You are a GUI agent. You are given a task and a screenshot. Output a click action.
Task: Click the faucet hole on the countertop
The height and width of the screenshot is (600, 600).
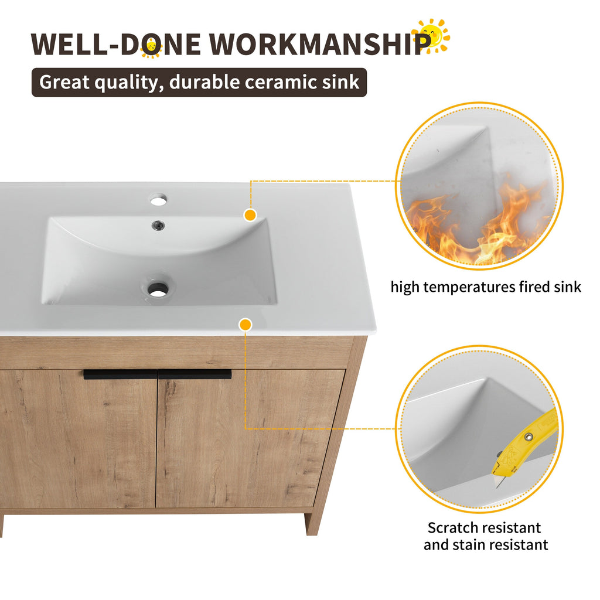(158, 200)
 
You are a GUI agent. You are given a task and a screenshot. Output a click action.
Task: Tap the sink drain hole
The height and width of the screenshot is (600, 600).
(158, 288)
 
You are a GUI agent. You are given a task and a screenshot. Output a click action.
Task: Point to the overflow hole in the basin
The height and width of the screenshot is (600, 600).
(157, 224)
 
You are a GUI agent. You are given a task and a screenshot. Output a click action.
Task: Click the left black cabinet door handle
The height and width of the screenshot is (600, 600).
(120, 374)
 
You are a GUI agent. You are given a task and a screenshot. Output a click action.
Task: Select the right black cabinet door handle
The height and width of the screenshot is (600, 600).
(195, 374)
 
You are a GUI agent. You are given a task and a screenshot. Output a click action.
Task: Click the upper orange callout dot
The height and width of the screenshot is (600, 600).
(250, 215)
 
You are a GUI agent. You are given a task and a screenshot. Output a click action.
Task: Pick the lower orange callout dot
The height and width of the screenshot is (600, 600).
(246, 324)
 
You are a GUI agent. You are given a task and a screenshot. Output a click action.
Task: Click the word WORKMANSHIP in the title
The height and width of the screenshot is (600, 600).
(316, 45)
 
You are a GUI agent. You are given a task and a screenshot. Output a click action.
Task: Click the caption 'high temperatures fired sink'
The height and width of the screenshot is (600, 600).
(486, 287)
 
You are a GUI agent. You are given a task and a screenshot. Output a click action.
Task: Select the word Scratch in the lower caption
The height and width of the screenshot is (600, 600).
(454, 528)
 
